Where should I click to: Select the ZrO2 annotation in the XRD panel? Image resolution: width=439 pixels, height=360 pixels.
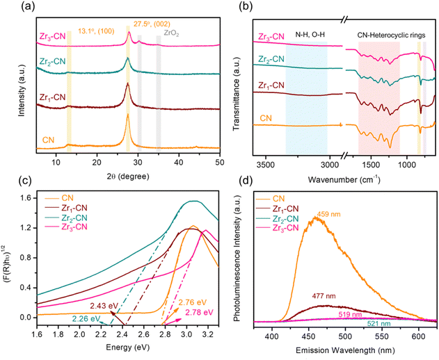pos(171,33)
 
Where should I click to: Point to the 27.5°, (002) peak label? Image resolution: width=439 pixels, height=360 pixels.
pos(152,24)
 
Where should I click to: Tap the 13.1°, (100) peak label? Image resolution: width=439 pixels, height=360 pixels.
pos(96,31)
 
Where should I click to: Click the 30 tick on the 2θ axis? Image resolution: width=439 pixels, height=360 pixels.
pos(138,162)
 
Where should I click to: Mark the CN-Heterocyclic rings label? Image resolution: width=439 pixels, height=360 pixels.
pos(392,35)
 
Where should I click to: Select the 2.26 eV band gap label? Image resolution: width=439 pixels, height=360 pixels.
pos(86,318)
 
